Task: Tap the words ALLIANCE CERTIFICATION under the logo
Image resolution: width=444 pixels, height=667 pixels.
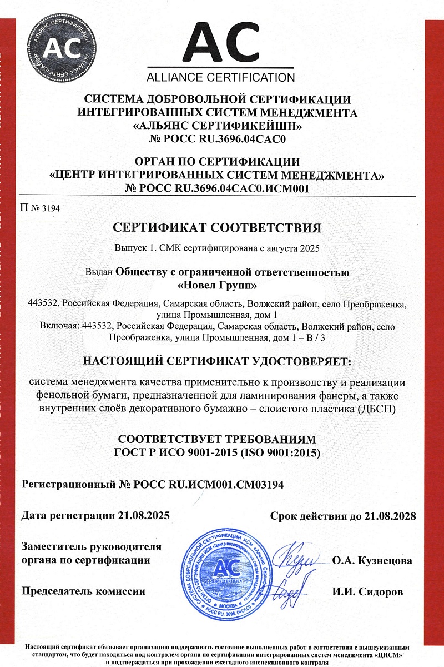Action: click(x=220, y=77)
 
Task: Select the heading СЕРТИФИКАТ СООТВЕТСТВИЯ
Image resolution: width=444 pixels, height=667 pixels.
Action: click(x=217, y=228)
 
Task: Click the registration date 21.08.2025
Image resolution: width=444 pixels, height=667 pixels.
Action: click(x=144, y=515)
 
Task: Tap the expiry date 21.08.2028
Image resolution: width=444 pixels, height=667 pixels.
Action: click(x=391, y=515)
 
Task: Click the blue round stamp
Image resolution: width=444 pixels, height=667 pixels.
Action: click(x=233, y=569)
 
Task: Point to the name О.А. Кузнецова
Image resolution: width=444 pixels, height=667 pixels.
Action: click(x=372, y=560)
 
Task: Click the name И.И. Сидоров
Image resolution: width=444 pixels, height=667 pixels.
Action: click(x=367, y=591)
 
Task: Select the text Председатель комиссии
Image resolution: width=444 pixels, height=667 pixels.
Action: click(x=83, y=591)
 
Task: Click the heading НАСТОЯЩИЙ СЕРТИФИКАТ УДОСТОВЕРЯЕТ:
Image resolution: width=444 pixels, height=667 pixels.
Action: click(x=217, y=361)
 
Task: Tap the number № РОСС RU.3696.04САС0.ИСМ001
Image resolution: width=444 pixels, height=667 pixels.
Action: click(x=217, y=189)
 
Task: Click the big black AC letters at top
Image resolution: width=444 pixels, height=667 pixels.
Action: click(x=220, y=40)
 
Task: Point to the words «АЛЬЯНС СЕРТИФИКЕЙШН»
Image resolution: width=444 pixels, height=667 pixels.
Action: click(x=217, y=126)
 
